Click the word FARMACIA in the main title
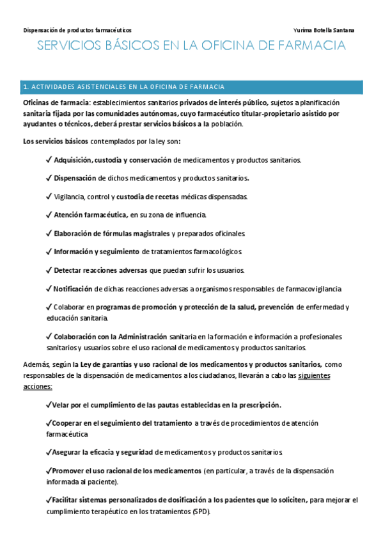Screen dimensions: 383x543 311,46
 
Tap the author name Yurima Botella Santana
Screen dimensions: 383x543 324,30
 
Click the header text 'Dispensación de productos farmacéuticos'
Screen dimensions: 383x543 77,30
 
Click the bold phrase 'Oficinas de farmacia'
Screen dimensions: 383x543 56,102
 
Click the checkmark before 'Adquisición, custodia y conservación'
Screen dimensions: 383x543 49,160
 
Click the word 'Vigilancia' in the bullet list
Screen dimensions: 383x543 72,196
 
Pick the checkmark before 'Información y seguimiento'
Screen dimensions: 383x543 49,251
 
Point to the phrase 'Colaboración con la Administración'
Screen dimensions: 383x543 110,336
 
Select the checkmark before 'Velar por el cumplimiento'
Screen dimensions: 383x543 49,405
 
